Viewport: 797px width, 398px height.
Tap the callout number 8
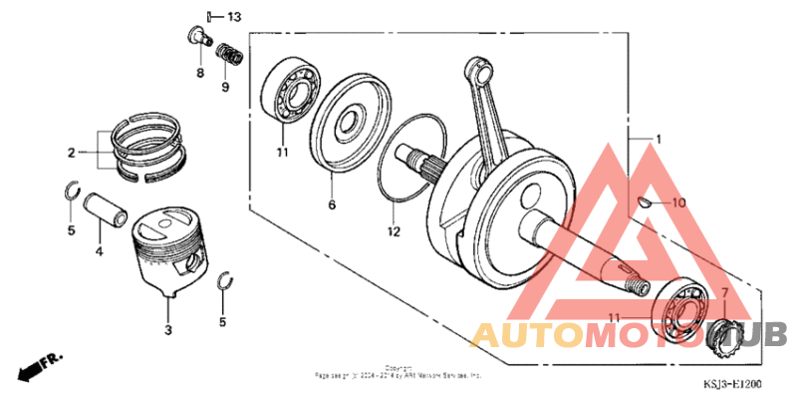(198, 74)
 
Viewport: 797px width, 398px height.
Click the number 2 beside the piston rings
(72, 153)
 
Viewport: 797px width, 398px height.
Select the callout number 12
(394, 231)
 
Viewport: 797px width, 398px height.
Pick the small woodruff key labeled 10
(647, 202)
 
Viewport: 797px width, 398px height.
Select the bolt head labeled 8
(196, 39)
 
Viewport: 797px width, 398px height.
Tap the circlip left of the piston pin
(72, 192)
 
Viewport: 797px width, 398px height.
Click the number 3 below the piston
(167, 328)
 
